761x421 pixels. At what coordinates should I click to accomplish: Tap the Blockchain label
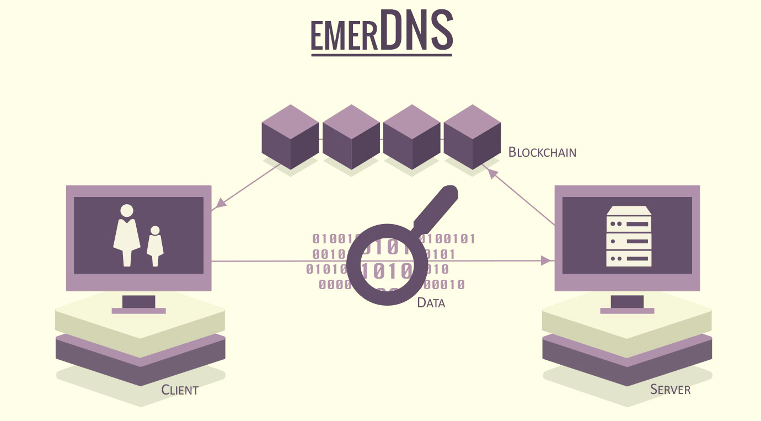542,152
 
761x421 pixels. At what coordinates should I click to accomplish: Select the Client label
180,390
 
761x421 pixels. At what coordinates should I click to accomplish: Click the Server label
670,389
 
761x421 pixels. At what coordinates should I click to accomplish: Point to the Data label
431,303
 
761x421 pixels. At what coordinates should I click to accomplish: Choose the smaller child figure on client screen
155,246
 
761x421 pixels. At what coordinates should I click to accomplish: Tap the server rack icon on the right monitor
629,236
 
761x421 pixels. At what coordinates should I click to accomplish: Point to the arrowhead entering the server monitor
548,260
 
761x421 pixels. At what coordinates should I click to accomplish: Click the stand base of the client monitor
138,311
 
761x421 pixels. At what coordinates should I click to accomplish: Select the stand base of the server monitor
627,311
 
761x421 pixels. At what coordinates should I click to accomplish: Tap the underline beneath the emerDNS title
381,54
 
